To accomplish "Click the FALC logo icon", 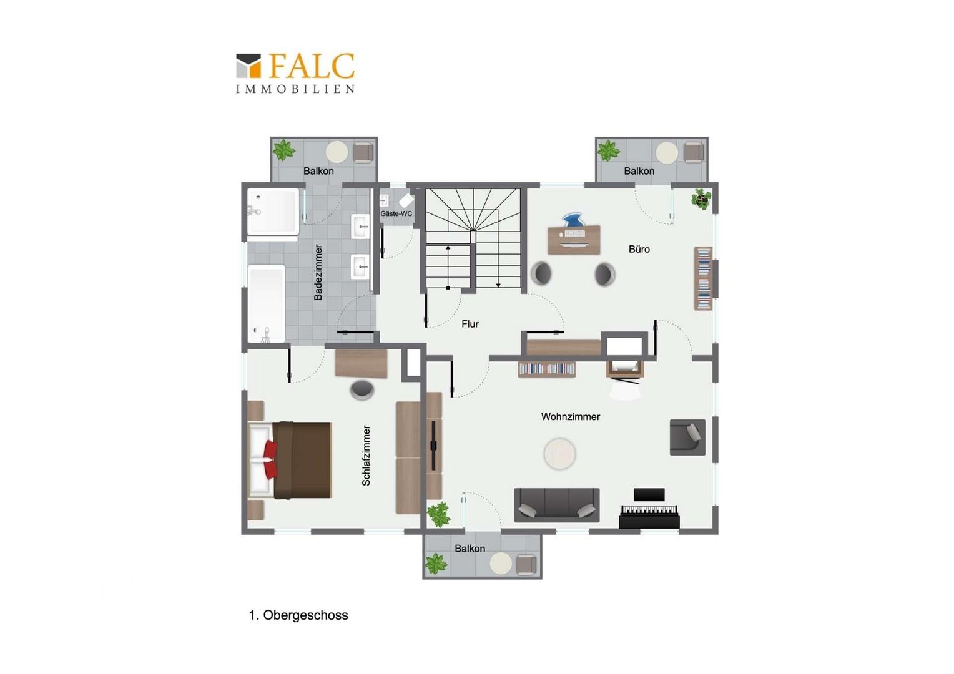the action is click(x=248, y=66).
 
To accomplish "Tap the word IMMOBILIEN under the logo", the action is click(x=295, y=89).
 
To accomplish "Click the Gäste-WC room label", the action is click(x=396, y=213).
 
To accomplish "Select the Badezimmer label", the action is click(x=318, y=271).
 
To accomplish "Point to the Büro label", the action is click(x=639, y=249).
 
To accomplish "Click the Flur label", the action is click(x=470, y=324).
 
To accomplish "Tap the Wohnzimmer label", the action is click(x=570, y=417).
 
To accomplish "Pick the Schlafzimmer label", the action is click(x=366, y=455).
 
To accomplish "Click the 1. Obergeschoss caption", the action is click(x=298, y=615).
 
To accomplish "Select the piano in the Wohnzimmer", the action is click(x=649, y=509).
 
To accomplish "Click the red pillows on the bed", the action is click(x=270, y=460).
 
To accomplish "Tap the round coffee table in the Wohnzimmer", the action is click(x=559, y=454).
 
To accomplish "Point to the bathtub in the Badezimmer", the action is click(x=266, y=303).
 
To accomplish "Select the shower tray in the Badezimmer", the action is click(x=273, y=211).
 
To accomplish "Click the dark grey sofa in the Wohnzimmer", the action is click(x=557, y=505).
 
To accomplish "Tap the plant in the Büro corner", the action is click(x=701, y=199).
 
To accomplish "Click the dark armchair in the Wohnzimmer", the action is click(x=687, y=437).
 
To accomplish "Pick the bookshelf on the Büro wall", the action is click(x=703, y=278).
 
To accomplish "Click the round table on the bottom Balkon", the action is click(x=501, y=563).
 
